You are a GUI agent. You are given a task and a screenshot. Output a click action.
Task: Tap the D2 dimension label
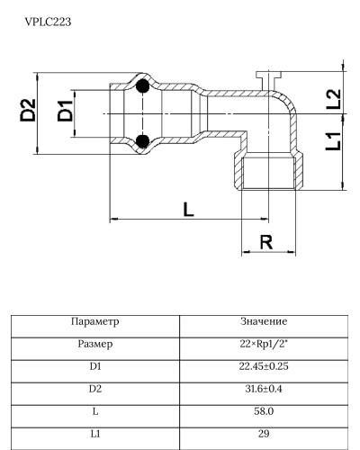point(29,112)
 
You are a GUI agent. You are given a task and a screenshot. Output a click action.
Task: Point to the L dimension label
point(187,210)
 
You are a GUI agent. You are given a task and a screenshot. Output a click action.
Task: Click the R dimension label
point(265,241)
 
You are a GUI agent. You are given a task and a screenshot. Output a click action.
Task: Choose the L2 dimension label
point(333,99)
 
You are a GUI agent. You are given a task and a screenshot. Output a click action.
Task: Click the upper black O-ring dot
point(142,87)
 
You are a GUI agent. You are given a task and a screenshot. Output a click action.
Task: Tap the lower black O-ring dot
point(142,140)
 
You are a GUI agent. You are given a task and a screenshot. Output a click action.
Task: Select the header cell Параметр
point(94,321)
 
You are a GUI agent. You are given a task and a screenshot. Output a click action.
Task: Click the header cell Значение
point(264,321)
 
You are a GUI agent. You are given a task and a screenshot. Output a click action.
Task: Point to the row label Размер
point(94,344)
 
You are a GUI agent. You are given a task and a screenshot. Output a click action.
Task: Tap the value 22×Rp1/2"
point(264,344)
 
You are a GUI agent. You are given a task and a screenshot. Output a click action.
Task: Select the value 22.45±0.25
point(264,366)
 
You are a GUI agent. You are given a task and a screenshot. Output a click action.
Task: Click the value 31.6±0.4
point(264,389)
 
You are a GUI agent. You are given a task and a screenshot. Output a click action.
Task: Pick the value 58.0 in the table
point(264,411)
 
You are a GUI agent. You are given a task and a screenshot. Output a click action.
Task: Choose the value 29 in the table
point(264,434)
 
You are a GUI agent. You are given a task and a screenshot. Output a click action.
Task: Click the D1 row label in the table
point(94,366)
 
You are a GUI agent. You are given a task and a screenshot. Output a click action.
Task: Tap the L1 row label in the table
point(94,434)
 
